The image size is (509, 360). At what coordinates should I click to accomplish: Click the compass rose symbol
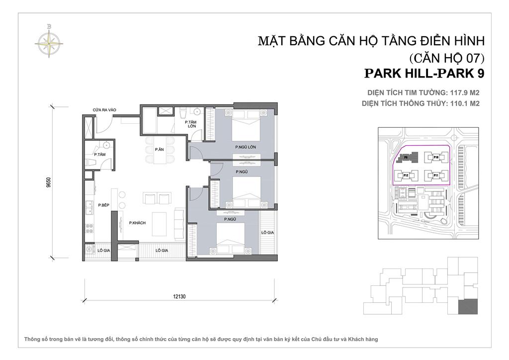click(x=49, y=40)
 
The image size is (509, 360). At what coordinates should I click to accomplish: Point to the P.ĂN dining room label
click(x=159, y=149)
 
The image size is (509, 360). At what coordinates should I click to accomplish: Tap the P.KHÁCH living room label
click(x=137, y=223)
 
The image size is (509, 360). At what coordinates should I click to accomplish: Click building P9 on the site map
click(x=407, y=158)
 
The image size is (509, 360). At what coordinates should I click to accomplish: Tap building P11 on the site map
click(x=435, y=176)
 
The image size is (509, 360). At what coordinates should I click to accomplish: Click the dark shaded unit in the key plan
click(x=467, y=307)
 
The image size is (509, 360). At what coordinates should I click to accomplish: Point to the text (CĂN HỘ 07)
click(x=445, y=57)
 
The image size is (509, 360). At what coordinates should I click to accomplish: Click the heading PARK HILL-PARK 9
click(x=424, y=74)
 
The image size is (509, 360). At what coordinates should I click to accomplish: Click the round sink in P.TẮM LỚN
click(x=197, y=112)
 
